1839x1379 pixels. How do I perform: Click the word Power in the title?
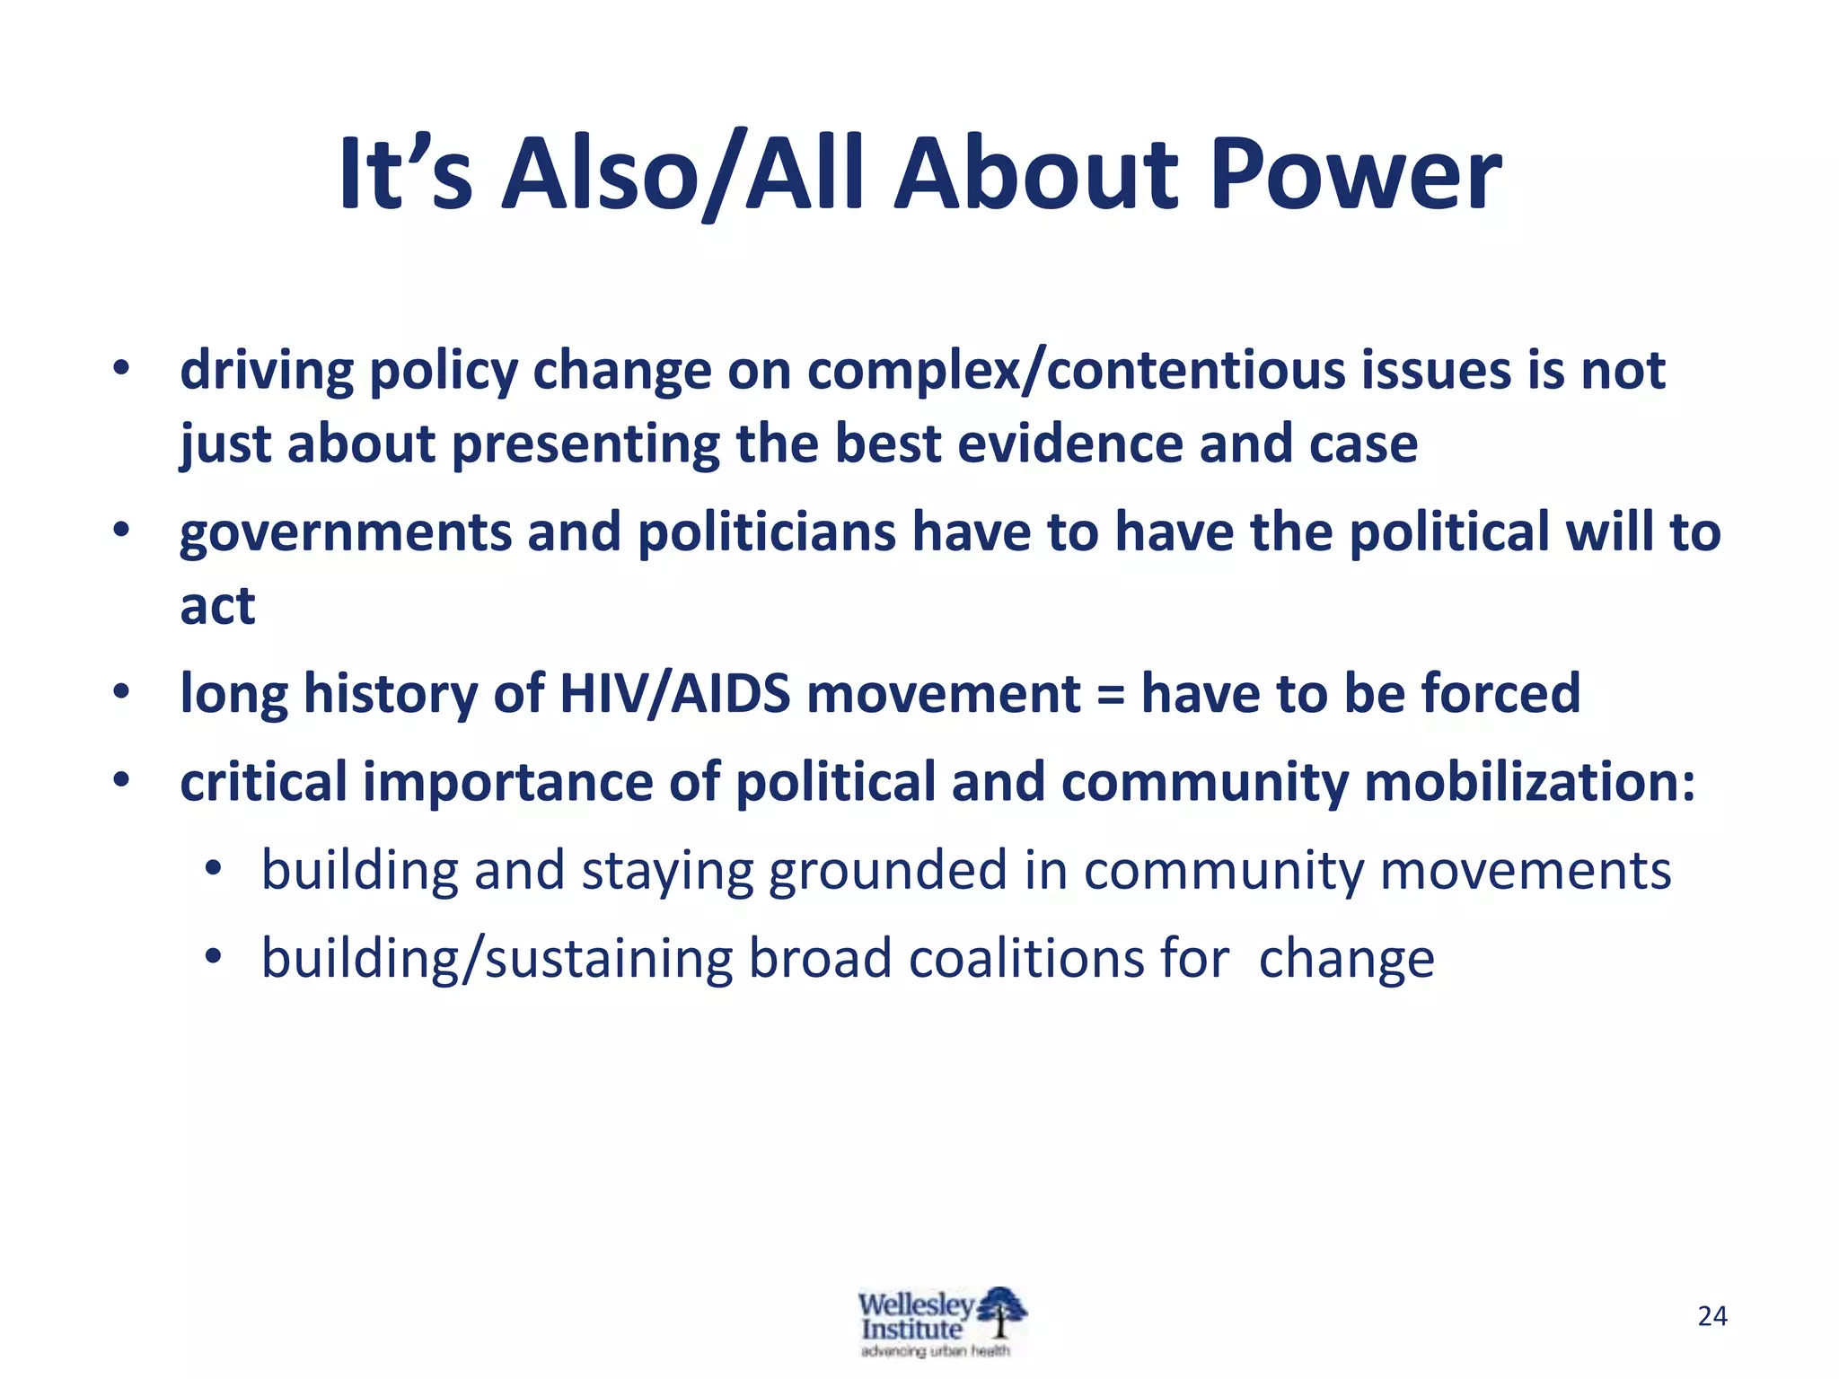[x=1355, y=175]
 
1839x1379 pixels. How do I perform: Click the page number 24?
[x=1712, y=1316]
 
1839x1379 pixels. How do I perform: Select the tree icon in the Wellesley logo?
[x=1002, y=1313]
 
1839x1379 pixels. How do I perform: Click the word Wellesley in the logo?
[x=915, y=1304]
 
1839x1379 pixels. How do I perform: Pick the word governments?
[x=346, y=533]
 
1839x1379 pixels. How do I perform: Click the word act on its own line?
[x=217, y=607]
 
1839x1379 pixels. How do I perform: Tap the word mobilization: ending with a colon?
[x=1530, y=782]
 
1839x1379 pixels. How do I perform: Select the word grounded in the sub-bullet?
[x=888, y=872]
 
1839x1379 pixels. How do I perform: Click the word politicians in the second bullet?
[x=767, y=533]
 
